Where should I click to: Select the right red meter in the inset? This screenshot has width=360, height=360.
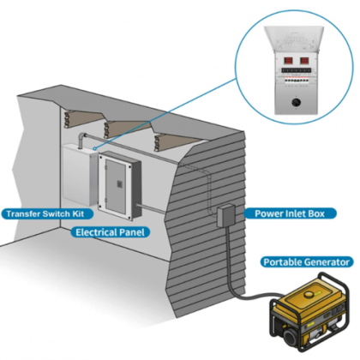[309, 61]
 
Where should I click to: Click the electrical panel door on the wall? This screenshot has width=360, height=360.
[115, 184]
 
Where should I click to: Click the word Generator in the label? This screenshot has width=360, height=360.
[327, 261]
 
